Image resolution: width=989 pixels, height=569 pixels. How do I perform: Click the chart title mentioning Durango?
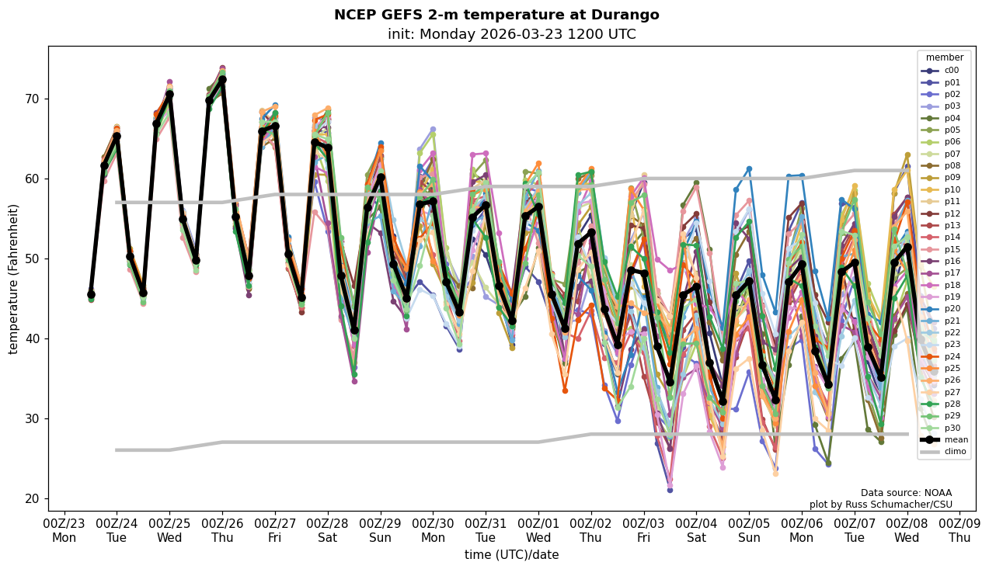(496, 15)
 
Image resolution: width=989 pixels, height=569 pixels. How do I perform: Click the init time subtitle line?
(511, 34)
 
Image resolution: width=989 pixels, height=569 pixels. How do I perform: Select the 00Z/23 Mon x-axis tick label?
(64, 530)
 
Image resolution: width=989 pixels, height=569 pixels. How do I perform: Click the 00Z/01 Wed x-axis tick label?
(538, 530)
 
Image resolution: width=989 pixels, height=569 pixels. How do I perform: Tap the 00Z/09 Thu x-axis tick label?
(959, 530)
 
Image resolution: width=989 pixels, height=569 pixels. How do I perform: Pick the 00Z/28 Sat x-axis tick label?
(328, 530)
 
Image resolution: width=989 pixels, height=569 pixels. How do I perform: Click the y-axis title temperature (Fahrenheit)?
(14, 279)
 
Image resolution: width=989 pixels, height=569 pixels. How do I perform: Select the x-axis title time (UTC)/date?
(511, 555)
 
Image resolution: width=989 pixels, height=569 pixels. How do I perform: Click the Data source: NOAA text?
(906, 493)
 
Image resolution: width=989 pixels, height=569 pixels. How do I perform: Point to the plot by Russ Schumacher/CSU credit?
(880, 505)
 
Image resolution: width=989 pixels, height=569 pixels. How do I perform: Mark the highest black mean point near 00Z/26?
(222, 79)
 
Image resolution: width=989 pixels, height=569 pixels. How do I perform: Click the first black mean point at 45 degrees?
(91, 295)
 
